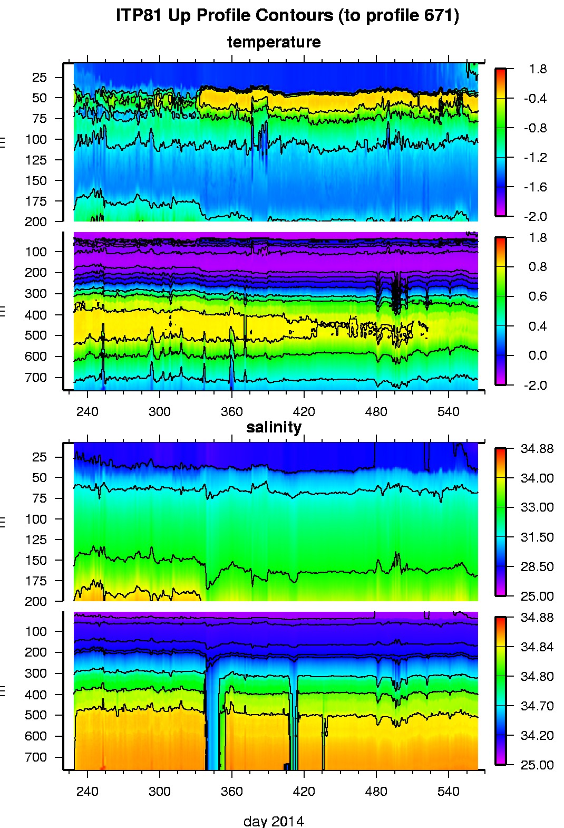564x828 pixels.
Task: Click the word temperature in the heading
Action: (274, 42)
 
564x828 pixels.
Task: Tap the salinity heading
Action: (274, 427)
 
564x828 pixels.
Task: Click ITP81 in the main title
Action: (139, 16)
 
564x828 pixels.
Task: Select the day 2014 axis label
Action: (274, 821)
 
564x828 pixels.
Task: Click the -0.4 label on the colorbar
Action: (534, 99)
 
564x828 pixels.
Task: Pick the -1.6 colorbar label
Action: (534, 187)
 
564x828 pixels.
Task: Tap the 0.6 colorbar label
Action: (537, 296)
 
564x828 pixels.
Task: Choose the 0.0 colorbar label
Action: (537, 355)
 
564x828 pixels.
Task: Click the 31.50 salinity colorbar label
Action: (537, 537)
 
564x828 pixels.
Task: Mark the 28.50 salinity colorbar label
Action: (537, 567)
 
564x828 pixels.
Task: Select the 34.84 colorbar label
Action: (537, 647)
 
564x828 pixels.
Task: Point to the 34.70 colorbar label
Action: (537, 706)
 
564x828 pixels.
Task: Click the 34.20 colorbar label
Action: (537, 736)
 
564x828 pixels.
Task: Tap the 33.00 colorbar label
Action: (537, 507)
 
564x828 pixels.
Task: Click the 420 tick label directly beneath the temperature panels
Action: (304, 412)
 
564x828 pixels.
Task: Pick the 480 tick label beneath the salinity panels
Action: (376, 792)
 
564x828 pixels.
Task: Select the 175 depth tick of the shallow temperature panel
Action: (36, 201)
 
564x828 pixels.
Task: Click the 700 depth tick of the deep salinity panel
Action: (36, 757)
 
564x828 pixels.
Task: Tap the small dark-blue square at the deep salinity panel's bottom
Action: (287, 766)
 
